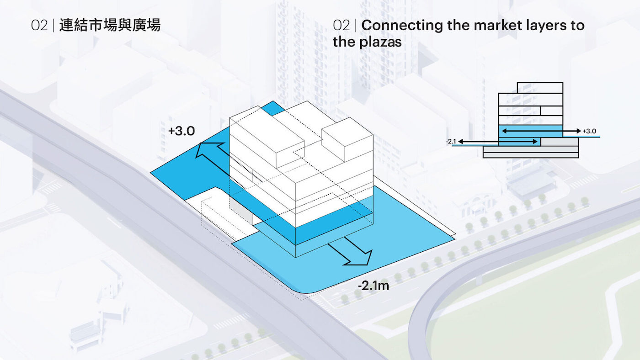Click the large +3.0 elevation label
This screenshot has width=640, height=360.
[x=182, y=131]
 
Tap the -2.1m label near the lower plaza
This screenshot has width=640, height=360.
[x=373, y=286]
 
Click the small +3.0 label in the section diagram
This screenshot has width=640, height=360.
[x=589, y=131]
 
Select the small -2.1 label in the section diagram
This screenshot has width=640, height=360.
[x=451, y=141]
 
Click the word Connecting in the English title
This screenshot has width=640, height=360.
[x=402, y=26]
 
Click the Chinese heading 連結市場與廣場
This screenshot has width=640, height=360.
[x=110, y=25]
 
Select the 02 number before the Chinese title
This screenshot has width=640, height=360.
[x=39, y=26]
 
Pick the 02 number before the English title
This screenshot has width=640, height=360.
[x=341, y=26]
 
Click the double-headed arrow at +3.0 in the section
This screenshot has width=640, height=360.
[x=541, y=131]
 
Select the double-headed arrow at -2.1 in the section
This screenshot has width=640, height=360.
[x=498, y=141]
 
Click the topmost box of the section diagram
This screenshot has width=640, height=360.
[x=540, y=88]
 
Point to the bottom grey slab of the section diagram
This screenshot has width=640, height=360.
[x=531, y=155]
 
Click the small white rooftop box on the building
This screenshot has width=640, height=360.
[x=347, y=139]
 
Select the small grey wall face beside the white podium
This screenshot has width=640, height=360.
[x=241, y=211]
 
